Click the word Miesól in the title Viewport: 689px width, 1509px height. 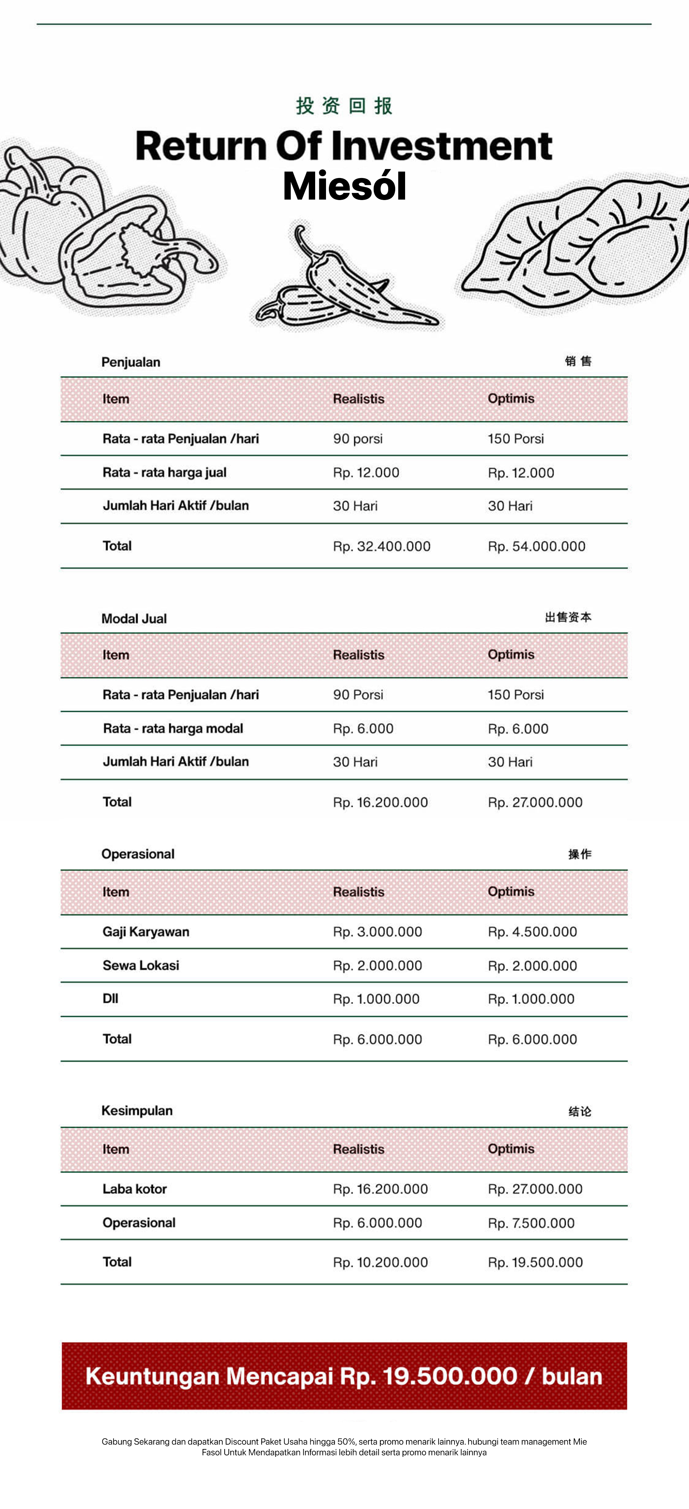click(x=344, y=186)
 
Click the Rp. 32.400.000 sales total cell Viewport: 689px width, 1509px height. click(x=382, y=546)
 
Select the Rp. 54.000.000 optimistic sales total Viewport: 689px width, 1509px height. click(x=536, y=546)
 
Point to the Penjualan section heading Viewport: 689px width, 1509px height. click(x=131, y=362)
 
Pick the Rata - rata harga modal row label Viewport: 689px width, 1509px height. click(x=173, y=728)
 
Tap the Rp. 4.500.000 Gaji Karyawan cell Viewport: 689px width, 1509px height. click(x=532, y=932)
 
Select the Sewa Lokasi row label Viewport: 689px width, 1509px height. click(x=141, y=965)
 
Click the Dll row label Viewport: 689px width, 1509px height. click(x=110, y=999)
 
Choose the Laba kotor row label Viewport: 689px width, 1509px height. click(x=135, y=1189)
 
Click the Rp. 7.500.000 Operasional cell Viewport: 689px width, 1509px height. click(x=531, y=1223)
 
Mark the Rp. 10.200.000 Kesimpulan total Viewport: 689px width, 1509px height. click(x=380, y=1262)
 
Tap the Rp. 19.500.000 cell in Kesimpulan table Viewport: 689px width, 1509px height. click(x=535, y=1262)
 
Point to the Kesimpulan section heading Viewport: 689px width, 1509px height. click(x=137, y=1111)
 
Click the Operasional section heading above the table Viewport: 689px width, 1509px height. click(x=138, y=854)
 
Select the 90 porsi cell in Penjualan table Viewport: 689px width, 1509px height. click(x=357, y=439)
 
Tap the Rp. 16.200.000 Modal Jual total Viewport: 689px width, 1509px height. click(x=380, y=802)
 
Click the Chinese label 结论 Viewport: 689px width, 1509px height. click(x=580, y=1111)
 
